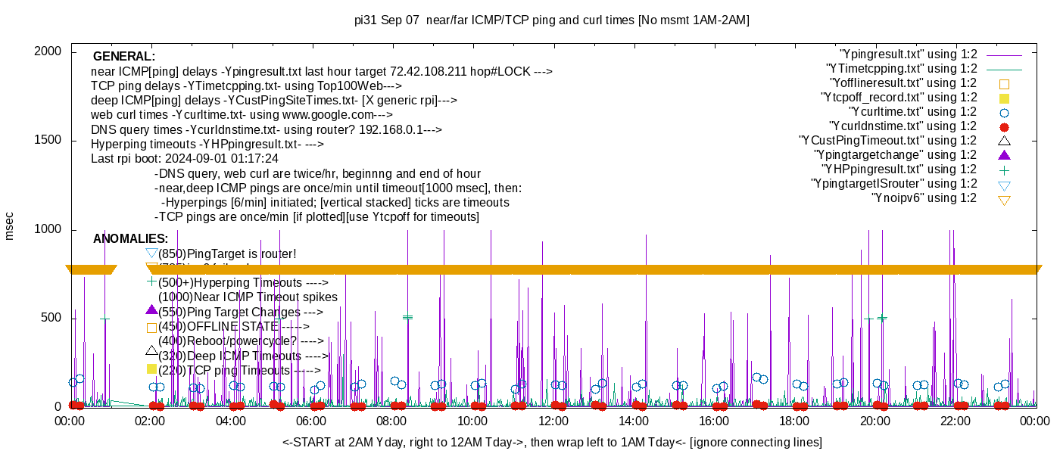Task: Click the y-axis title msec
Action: click(10, 226)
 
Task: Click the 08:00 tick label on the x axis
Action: click(392, 421)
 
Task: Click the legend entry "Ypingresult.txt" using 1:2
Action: click(909, 54)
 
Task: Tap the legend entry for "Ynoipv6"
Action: click(924, 198)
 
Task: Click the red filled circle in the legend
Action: click(1005, 127)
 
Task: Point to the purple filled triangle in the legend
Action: click(1005, 155)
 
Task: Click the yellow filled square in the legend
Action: click(1005, 98)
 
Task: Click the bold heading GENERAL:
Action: click(124, 57)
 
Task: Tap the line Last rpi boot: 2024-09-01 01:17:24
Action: click(185, 159)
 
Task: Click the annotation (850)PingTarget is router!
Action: click(227, 253)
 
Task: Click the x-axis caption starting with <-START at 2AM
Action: click(552, 442)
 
